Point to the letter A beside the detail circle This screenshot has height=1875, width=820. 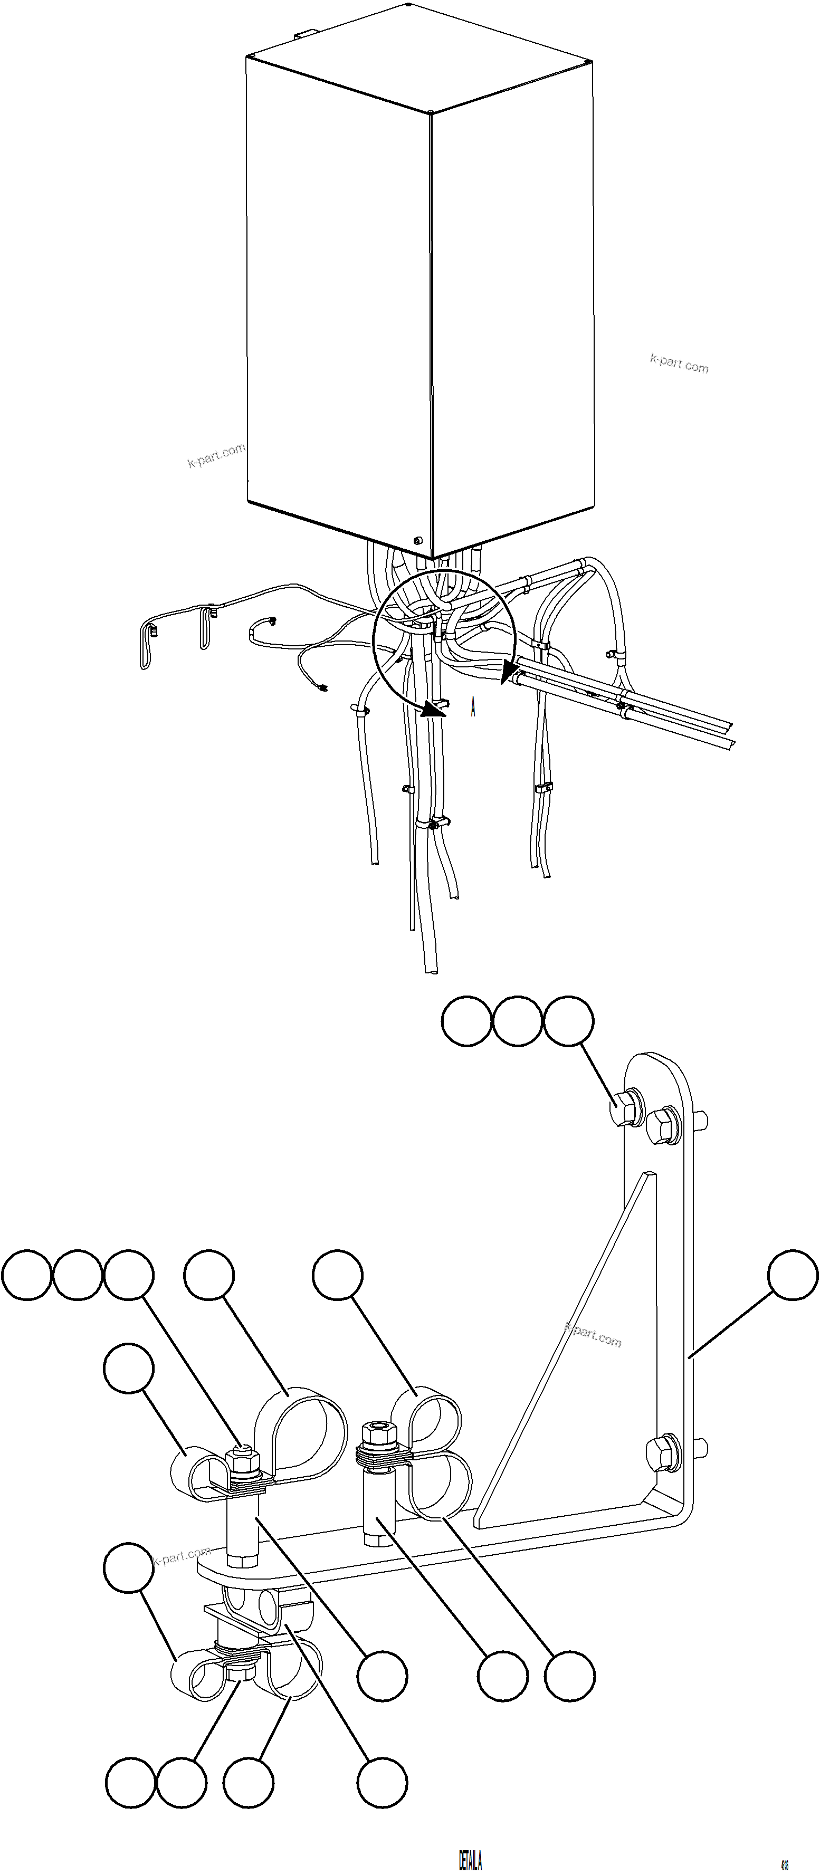point(473,707)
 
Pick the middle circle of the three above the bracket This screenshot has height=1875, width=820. point(517,1021)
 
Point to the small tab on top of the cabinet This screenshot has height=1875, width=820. point(305,33)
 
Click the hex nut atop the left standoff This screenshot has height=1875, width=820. point(243,1458)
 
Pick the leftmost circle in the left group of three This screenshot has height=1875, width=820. point(27,1275)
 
